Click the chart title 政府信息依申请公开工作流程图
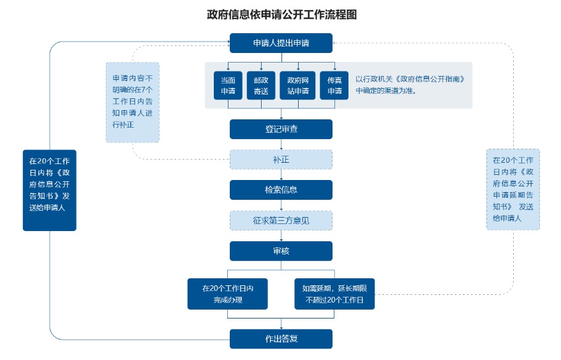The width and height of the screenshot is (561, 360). click(281, 14)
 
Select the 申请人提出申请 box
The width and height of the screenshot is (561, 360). click(281, 43)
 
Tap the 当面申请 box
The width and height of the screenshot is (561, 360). click(228, 85)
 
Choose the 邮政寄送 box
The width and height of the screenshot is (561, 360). click(261, 85)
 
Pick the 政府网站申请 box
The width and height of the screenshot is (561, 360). click(297, 85)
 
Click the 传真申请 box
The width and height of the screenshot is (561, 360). click(334, 85)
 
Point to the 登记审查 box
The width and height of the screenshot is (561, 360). click(281, 129)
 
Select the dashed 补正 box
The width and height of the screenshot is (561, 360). click(281, 160)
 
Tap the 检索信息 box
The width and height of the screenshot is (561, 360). click(281, 190)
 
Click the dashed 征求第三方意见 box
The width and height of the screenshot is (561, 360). click(281, 220)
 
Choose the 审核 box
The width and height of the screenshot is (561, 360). click(281, 251)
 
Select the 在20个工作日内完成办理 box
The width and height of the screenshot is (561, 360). click(228, 294)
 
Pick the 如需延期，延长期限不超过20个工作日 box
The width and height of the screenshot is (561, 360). click(334, 294)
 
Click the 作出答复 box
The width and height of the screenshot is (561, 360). click(281, 338)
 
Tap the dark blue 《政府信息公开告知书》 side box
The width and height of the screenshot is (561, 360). click(49, 190)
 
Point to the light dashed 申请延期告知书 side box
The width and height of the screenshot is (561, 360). click(513, 190)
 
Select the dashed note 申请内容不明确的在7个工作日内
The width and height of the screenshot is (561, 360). click(133, 102)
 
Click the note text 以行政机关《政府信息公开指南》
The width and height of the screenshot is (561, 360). click(410, 79)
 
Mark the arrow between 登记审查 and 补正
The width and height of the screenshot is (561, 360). click(281, 144)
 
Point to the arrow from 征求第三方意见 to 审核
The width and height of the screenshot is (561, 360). click(281, 236)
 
